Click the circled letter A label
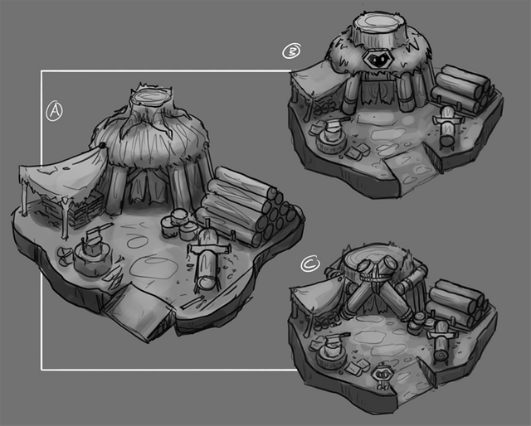[54, 111]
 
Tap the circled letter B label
[291, 51]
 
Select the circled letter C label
[309, 264]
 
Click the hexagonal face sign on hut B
[378, 60]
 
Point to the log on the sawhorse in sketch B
[446, 127]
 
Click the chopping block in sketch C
[330, 353]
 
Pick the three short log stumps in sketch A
[179, 223]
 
